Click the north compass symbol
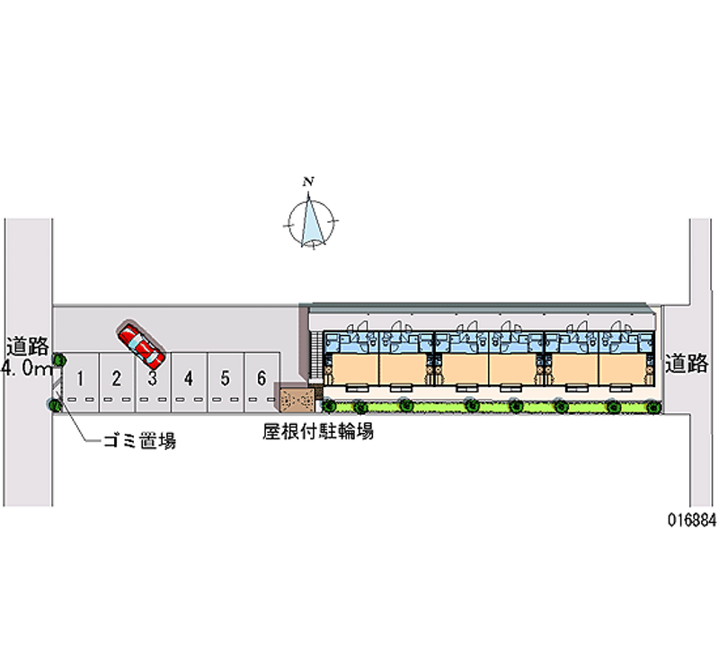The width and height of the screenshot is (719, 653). tap(312, 221)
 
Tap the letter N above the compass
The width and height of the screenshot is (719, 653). tap(309, 182)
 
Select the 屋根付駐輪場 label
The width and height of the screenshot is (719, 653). tap(318, 431)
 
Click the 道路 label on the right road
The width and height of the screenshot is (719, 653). tap(688, 363)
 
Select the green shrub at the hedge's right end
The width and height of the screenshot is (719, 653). tap(652, 407)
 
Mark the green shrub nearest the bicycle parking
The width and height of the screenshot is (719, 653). tap(330, 404)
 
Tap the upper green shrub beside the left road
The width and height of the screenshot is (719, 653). tap(59, 361)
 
